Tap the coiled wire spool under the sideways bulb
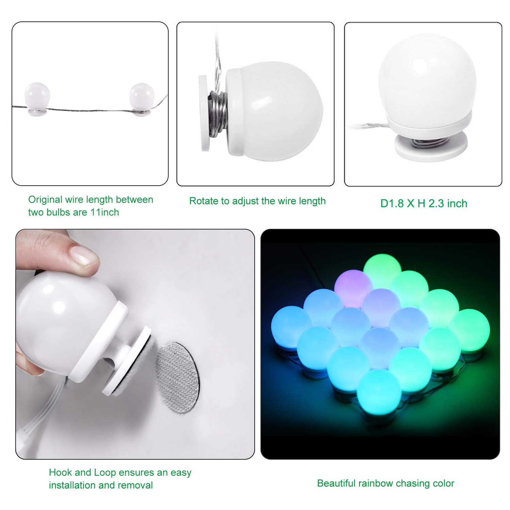(x=217, y=114)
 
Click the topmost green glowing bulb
(x=382, y=272)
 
